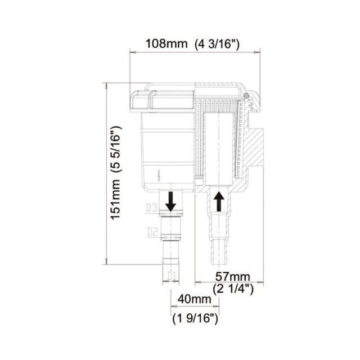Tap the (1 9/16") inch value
(x=195, y=318)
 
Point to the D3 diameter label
(x=151, y=209)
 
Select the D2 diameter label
(x=151, y=231)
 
